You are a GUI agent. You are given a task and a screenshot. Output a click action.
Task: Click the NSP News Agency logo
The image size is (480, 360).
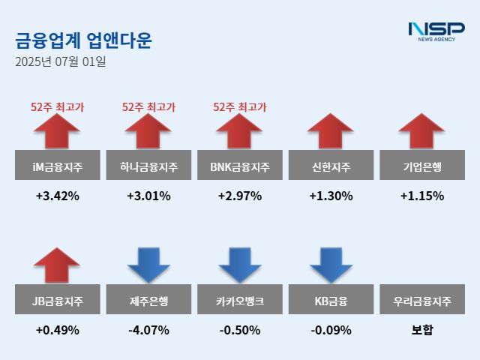click(x=436, y=31)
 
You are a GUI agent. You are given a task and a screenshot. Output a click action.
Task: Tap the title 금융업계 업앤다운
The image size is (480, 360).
click(x=83, y=40)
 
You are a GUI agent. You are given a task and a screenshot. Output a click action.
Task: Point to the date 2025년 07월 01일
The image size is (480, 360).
click(x=60, y=61)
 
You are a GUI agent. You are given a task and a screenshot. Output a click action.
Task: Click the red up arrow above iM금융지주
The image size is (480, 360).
click(x=57, y=131)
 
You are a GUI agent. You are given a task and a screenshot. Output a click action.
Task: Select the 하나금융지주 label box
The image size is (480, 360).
click(x=148, y=166)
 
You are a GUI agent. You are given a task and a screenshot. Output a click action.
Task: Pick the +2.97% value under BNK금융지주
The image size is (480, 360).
click(x=240, y=196)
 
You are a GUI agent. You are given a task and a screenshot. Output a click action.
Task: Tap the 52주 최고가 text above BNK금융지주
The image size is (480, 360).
click(x=240, y=108)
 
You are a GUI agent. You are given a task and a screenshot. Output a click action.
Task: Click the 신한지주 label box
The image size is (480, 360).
click(x=331, y=166)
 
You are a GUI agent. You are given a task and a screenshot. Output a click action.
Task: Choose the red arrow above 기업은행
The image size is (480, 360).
click(x=421, y=131)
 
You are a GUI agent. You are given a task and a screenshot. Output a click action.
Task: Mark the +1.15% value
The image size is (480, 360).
click(x=421, y=196)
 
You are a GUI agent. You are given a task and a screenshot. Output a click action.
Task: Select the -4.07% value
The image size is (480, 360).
click(x=148, y=330)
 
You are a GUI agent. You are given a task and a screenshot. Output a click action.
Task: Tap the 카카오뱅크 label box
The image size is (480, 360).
click(x=240, y=301)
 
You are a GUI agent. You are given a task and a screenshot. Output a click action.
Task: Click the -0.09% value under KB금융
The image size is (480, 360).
click(x=331, y=330)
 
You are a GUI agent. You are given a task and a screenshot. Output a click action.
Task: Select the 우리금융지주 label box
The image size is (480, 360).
click(x=421, y=301)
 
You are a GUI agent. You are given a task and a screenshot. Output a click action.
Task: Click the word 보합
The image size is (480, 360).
click(x=421, y=330)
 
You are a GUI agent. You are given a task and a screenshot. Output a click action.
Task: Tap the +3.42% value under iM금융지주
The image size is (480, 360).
click(x=57, y=196)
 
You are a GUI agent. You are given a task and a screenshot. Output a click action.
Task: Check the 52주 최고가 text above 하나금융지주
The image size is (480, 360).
click(x=148, y=108)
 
